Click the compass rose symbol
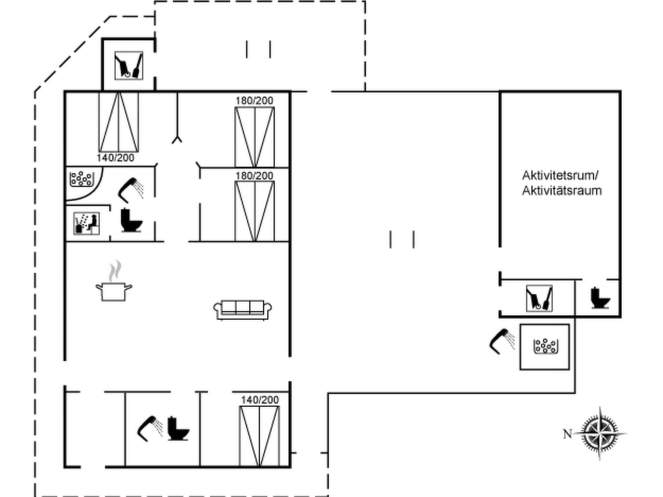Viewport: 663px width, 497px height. (x=600, y=434)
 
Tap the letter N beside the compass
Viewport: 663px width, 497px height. (x=567, y=434)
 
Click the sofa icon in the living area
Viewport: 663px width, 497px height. (x=242, y=310)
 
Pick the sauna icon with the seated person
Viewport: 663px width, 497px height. (x=86, y=224)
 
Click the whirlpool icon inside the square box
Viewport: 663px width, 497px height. (x=546, y=346)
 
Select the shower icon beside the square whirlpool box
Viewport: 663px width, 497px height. (x=502, y=342)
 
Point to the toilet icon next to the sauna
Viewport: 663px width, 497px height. (x=131, y=220)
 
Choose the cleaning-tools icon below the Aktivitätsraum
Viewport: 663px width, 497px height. (x=539, y=298)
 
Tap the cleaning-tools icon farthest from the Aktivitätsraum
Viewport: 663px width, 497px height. (x=129, y=65)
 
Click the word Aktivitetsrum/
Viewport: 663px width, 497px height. (x=560, y=176)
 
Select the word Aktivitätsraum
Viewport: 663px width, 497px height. (x=562, y=191)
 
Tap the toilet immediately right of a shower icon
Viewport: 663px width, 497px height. (x=178, y=429)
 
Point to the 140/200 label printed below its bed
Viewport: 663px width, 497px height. (x=115, y=158)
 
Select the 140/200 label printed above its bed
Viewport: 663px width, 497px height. (x=260, y=400)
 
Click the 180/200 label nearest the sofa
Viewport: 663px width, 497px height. (x=254, y=176)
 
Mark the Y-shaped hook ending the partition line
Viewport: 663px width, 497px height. (x=177, y=139)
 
